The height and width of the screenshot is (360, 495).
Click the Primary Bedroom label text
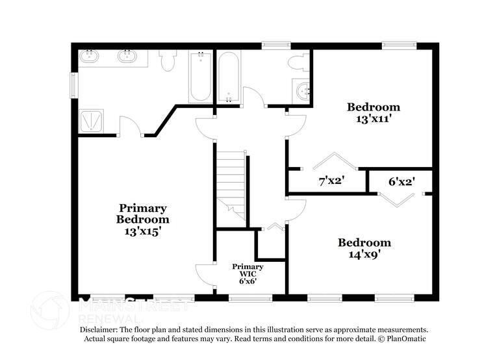pos(142,214)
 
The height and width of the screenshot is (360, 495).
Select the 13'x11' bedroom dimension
pos(373,119)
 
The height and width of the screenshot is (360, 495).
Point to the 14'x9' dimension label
pos(364,255)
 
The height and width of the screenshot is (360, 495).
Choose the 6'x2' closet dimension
pos(401,182)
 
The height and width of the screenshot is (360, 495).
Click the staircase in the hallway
pos(231,182)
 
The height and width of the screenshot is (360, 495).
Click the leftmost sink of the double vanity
pos(88,57)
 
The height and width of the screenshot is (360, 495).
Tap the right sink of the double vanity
pos(127,57)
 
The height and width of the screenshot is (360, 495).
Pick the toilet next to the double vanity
pos(168,60)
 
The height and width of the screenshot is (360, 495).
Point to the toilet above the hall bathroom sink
pos(299,63)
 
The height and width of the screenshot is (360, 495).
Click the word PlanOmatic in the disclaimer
pos(403,339)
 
